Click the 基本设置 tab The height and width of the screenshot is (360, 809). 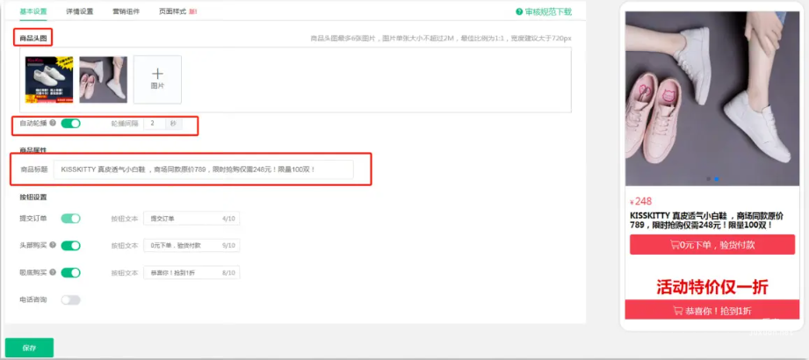[x=33, y=11]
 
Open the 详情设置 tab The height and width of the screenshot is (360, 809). [x=80, y=11]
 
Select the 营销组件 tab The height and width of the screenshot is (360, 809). [x=126, y=11]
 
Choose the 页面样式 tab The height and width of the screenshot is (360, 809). [x=173, y=11]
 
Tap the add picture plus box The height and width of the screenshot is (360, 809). [x=157, y=79]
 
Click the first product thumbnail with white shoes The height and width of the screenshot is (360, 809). [x=48, y=79]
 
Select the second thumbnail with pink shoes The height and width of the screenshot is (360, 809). [x=103, y=79]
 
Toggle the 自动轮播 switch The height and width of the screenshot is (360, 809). [x=70, y=124]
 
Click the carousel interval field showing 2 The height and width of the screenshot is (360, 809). [x=155, y=124]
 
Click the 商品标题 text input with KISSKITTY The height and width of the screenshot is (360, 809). [x=203, y=169]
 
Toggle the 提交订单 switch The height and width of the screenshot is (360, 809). [x=70, y=218]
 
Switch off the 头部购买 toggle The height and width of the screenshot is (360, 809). [x=70, y=246]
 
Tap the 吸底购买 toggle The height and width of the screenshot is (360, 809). [x=70, y=273]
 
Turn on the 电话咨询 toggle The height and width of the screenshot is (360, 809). [x=70, y=300]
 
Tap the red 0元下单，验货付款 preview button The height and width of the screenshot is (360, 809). [x=712, y=245]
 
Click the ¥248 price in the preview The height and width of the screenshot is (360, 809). [x=642, y=201]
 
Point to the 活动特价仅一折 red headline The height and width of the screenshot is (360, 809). [x=712, y=286]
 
